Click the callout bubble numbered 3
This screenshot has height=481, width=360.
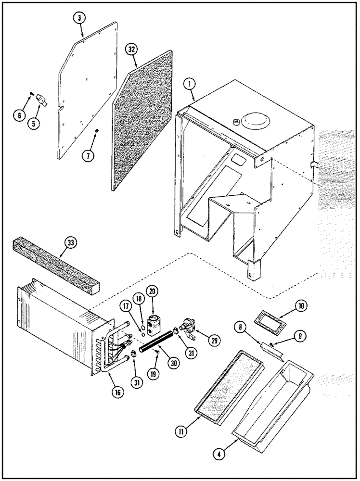coord(80,18)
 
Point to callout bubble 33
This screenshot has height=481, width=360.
coord(71,243)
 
